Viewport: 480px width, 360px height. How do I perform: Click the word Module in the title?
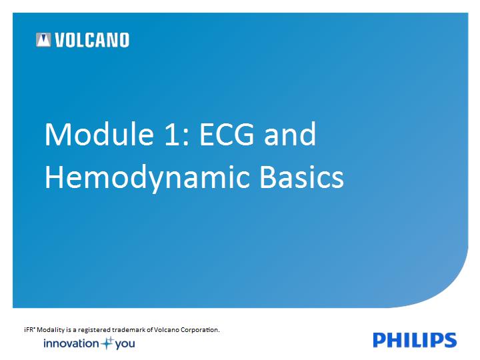[x=99, y=134]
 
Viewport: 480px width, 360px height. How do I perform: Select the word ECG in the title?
[x=227, y=134]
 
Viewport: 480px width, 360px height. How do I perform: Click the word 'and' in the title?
[x=290, y=134]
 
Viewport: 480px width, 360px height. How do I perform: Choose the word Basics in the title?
[x=302, y=177]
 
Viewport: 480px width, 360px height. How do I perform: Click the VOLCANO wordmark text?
[x=92, y=40]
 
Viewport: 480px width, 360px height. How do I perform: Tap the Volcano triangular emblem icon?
[x=43, y=40]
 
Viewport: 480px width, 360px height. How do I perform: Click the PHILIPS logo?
[x=415, y=340]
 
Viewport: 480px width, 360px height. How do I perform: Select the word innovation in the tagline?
[x=71, y=343]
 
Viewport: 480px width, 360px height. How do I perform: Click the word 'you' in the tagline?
[x=125, y=345]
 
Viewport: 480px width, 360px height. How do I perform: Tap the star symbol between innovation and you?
[x=107, y=343]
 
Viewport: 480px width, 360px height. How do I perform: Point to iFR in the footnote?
[x=29, y=330]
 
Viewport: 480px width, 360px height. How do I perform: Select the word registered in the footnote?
[x=94, y=330]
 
